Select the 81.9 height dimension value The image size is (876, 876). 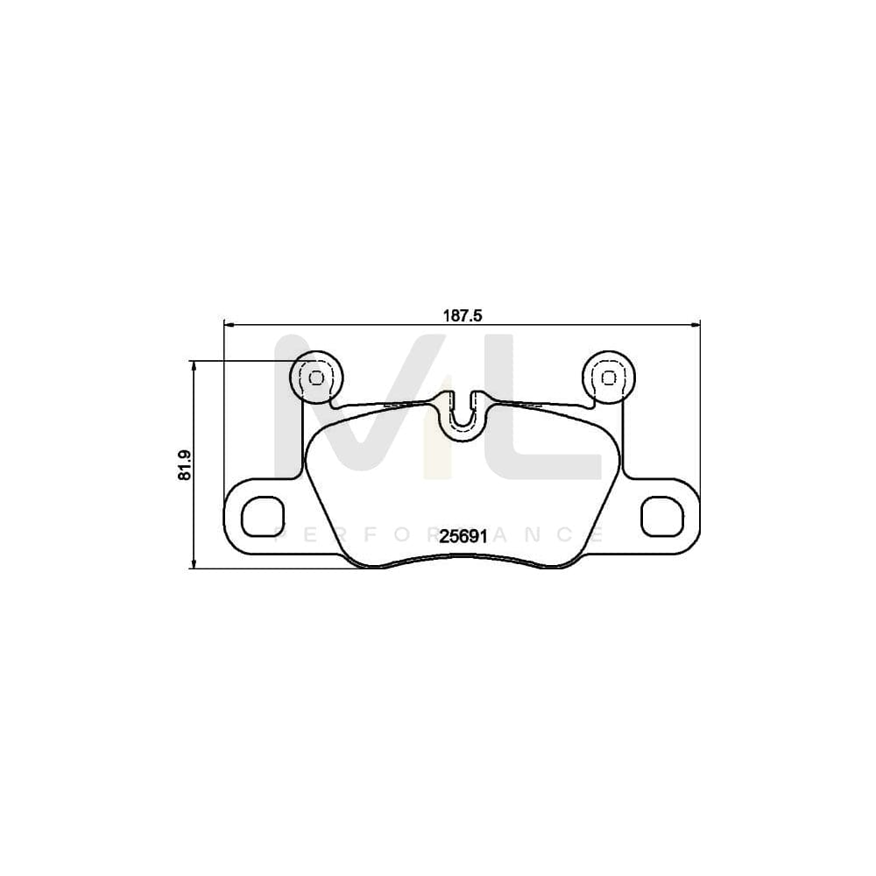(184, 464)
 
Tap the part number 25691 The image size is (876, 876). (463, 537)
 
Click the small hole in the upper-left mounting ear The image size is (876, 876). (316, 378)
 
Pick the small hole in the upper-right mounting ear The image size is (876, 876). (608, 378)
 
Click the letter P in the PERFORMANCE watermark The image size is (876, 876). (281, 534)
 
